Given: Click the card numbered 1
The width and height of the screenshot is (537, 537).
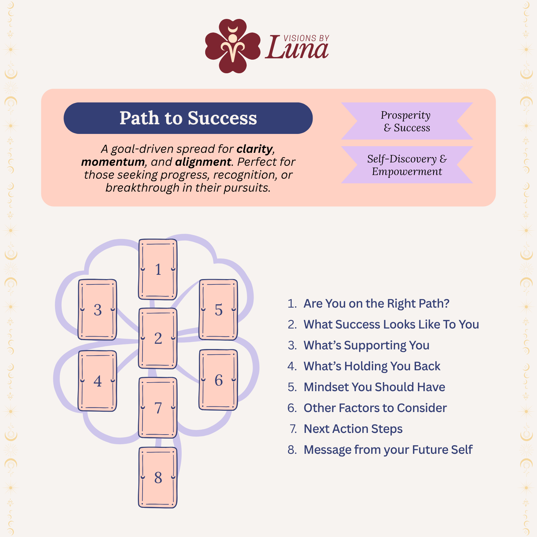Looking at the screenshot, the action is (158, 269).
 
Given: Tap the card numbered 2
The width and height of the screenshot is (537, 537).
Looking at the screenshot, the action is (158, 338).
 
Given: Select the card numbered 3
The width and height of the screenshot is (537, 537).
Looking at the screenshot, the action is (97, 310).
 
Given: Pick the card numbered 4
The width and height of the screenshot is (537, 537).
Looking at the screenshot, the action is (97, 381).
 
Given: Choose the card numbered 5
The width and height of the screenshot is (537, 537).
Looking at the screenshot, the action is (218, 310).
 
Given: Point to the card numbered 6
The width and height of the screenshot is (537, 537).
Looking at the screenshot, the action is (218, 380).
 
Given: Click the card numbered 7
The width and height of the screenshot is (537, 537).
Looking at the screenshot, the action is (158, 408).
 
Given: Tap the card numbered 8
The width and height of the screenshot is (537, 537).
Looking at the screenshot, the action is (158, 478).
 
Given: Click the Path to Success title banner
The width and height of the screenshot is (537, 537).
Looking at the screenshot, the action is (188, 118).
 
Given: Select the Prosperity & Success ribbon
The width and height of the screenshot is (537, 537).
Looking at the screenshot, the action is (407, 121).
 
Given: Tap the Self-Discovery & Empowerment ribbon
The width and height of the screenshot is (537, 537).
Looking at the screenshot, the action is (407, 165).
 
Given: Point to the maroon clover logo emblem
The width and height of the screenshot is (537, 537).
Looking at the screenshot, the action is (233, 46).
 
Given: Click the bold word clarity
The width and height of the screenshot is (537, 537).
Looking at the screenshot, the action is (255, 149).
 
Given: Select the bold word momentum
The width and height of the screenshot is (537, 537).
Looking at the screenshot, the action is (113, 162).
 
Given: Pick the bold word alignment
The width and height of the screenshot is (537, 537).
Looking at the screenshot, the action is (203, 162).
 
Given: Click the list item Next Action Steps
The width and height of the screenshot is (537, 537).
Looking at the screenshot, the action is (353, 429).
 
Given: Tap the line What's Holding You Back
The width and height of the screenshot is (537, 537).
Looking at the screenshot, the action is (372, 366).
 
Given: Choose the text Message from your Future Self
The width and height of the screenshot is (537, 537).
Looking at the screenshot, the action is (388, 450).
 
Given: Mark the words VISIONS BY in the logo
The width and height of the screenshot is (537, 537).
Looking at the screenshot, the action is (306, 38).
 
